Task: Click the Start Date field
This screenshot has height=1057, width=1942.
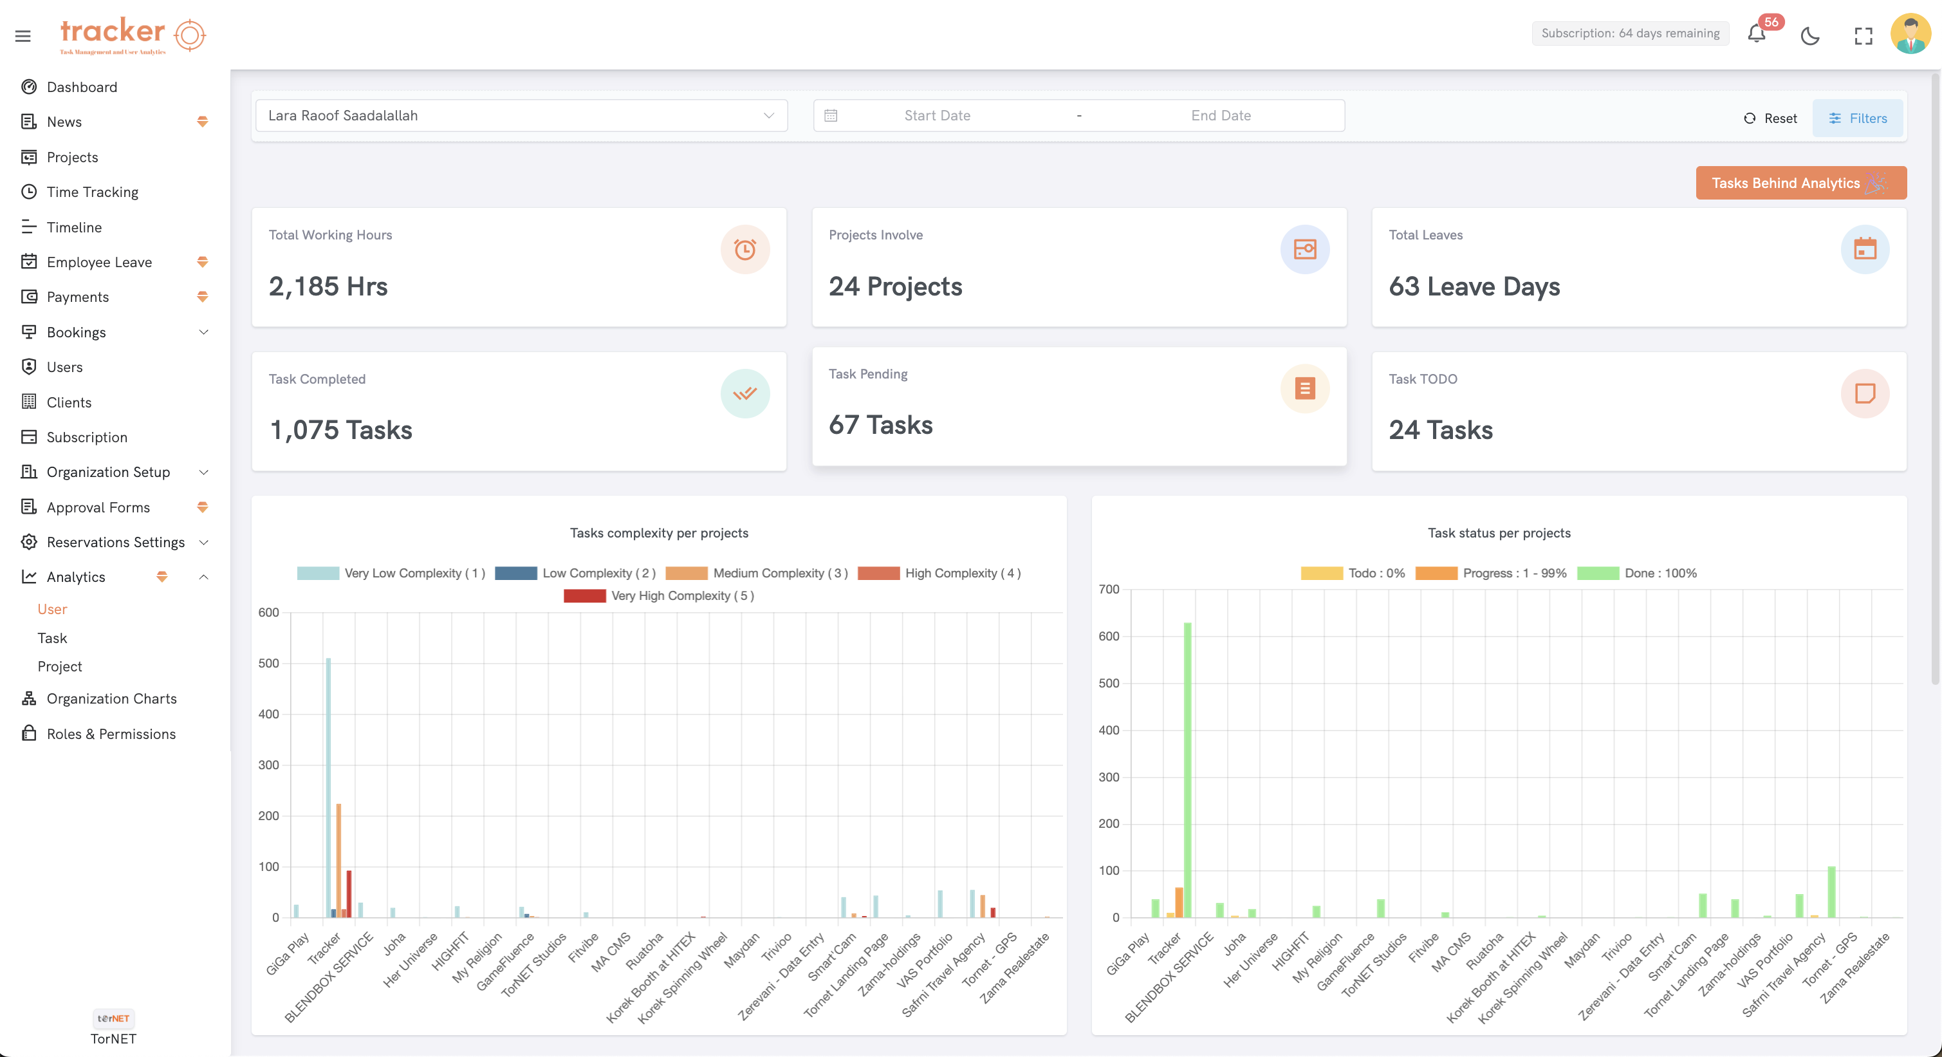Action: coord(937,115)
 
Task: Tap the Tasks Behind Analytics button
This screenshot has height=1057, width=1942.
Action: coord(1800,183)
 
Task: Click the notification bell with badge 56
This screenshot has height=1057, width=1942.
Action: coord(1756,35)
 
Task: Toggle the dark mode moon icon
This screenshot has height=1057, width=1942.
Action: coord(1809,35)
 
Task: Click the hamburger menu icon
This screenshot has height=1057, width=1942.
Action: coord(23,35)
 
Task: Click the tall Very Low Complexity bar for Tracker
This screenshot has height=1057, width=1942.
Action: coord(329,784)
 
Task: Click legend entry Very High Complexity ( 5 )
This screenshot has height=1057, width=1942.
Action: coord(659,595)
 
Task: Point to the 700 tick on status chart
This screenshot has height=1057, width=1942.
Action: coord(1108,590)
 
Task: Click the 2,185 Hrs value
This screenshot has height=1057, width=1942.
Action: coord(328,286)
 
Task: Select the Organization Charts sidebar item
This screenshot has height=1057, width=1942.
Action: coord(111,699)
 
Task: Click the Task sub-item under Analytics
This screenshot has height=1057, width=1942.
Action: coord(52,638)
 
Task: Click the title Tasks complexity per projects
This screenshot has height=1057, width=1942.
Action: coord(658,533)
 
